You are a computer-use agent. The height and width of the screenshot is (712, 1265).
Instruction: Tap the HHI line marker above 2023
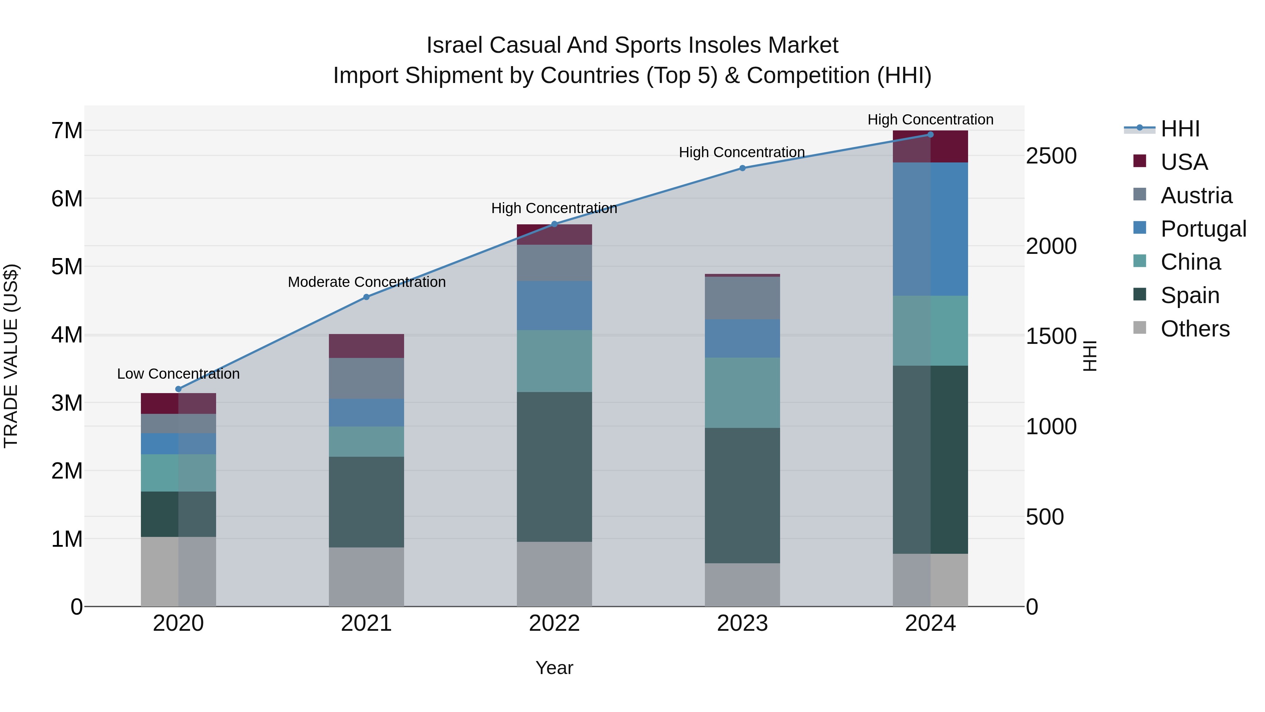click(742, 168)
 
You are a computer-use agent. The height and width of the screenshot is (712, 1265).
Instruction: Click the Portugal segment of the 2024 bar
click(930, 229)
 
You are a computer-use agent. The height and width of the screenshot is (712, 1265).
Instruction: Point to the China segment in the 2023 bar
click(742, 393)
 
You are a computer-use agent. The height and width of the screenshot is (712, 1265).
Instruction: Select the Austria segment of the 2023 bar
click(742, 298)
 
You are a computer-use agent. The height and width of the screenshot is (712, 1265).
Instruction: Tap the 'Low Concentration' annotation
click(178, 374)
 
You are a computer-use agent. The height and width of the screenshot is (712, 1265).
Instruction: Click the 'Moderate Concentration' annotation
click(366, 282)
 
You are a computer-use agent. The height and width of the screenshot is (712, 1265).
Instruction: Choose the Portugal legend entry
click(1203, 229)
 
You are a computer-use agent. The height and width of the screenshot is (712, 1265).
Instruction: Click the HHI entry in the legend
click(1180, 129)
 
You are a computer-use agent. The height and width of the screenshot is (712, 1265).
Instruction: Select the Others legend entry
click(1195, 329)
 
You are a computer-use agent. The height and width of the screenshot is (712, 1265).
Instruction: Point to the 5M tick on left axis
click(67, 267)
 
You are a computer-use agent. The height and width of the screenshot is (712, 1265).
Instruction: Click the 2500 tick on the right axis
click(1051, 156)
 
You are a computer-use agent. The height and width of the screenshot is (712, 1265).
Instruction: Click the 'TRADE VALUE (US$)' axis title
click(11, 356)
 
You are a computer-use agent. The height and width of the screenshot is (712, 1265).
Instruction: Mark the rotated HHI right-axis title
click(1089, 356)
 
